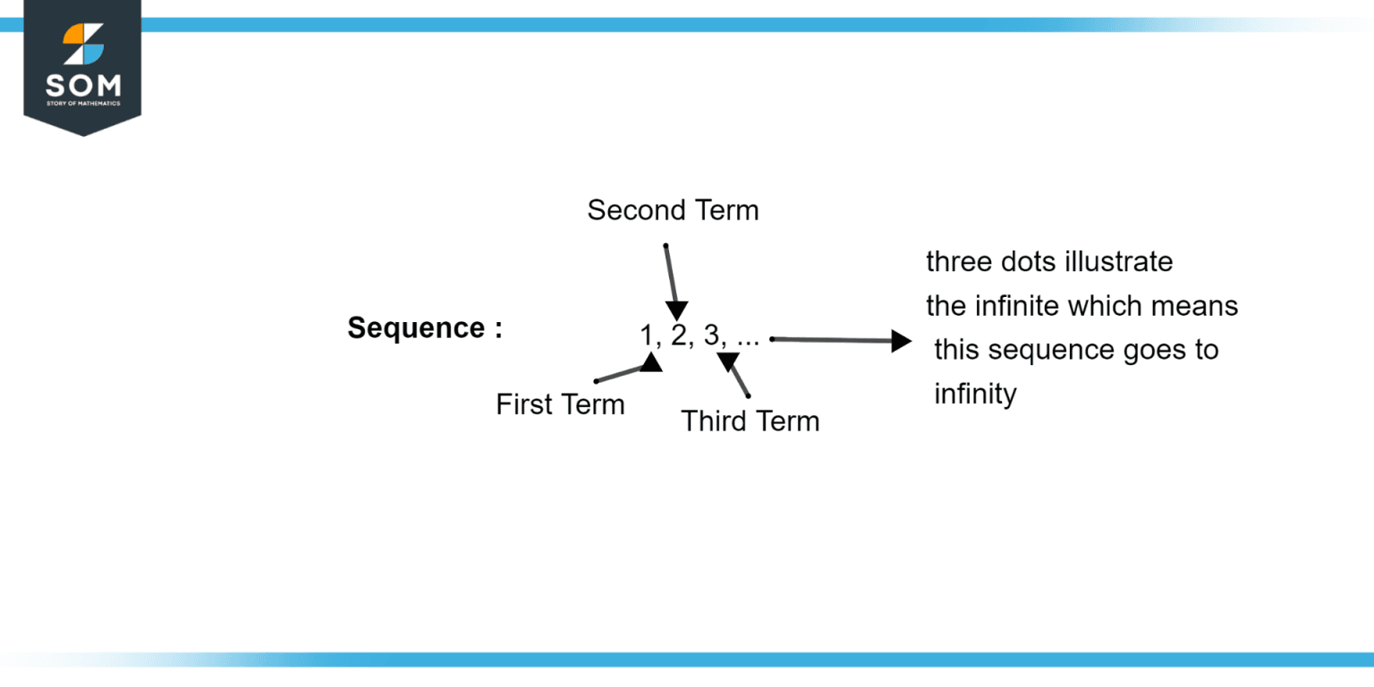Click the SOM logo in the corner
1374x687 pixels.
click(x=82, y=67)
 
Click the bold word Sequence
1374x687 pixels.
click(x=417, y=328)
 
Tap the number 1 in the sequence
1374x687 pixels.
click(x=647, y=335)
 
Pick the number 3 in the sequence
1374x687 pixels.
click(x=712, y=335)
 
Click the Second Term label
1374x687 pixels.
click(x=673, y=210)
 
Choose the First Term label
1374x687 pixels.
click(x=560, y=404)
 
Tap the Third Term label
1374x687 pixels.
click(x=750, y=420)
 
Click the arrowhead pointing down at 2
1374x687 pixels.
click(x=678, y=310)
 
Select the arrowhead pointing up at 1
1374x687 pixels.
click(x=650, y=362)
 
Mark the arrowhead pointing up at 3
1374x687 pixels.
click(x=727, y=360)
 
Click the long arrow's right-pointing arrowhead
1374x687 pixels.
click(x=901, y=340)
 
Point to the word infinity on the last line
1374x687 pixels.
click(x=975, y=394)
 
